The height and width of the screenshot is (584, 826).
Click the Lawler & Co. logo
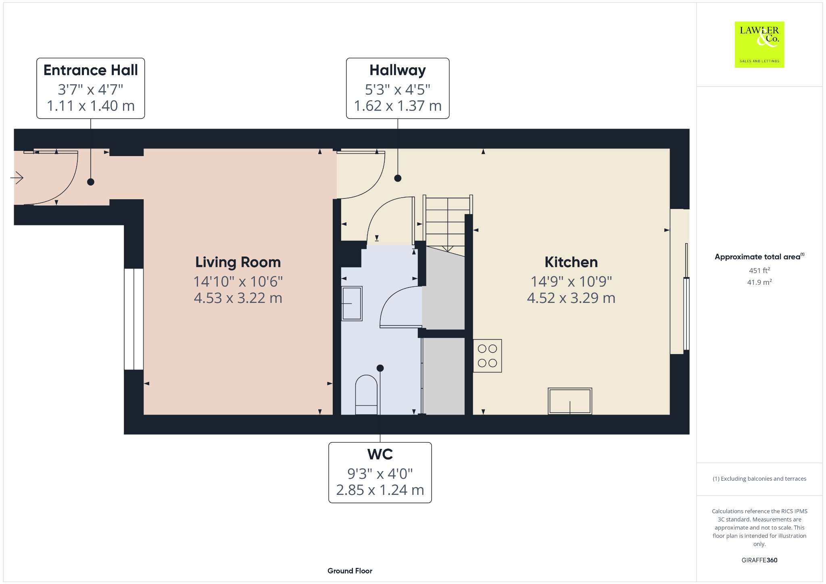(x=759, y=44)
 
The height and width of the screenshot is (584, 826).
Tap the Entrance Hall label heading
(x=91, y=70)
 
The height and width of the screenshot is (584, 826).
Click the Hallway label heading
(x=398, y=71)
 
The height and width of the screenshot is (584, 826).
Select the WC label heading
(x=380, y=455)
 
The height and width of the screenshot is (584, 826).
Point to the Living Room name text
(x=238, y=263)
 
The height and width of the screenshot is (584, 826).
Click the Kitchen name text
(x=571, y=262)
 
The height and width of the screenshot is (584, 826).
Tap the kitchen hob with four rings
(x=487, y=356)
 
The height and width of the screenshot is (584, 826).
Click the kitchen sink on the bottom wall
(x=570, y=401)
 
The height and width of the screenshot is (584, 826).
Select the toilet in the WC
(x=366, y=395)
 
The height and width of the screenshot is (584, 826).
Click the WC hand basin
(x=352, y=303)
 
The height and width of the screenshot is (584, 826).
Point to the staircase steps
(x=448, y=224)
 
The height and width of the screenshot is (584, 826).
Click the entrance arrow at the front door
(x=17, y=177)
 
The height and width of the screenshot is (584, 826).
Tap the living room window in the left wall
(x=133, y=319)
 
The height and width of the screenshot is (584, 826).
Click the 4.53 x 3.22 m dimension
(x=238, y=298)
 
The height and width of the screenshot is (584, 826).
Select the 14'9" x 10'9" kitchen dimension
(x=571, y=282)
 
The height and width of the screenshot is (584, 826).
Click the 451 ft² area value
(x=759, y=270)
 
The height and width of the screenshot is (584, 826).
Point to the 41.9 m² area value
(x=759, y=282)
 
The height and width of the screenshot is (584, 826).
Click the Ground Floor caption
(x=350, y=571)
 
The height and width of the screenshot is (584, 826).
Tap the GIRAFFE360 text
(x=759, y=560)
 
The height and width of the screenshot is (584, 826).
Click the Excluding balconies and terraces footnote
(x=759, y=479)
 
